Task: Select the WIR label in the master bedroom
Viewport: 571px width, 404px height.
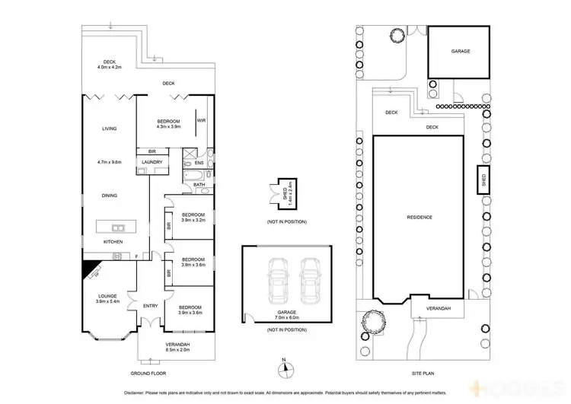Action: [x=201, y=120]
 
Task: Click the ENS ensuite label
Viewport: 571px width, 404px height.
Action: [x=199, y=162]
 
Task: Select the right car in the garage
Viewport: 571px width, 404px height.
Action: [x=309, y=280]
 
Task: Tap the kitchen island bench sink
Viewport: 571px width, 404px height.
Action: [x=117, y=227]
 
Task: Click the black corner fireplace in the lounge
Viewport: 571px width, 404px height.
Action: [x=91, y=267]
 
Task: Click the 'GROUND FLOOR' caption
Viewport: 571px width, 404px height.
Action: [x=149, y=374]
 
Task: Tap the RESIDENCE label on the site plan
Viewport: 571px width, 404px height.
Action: [x=419, y=217]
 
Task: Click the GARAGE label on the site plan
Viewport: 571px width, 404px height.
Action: [x=461, y=51]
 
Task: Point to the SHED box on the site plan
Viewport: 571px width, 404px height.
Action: [x=482, y=180]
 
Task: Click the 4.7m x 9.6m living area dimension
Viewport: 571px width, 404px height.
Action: [x=109, y=162]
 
